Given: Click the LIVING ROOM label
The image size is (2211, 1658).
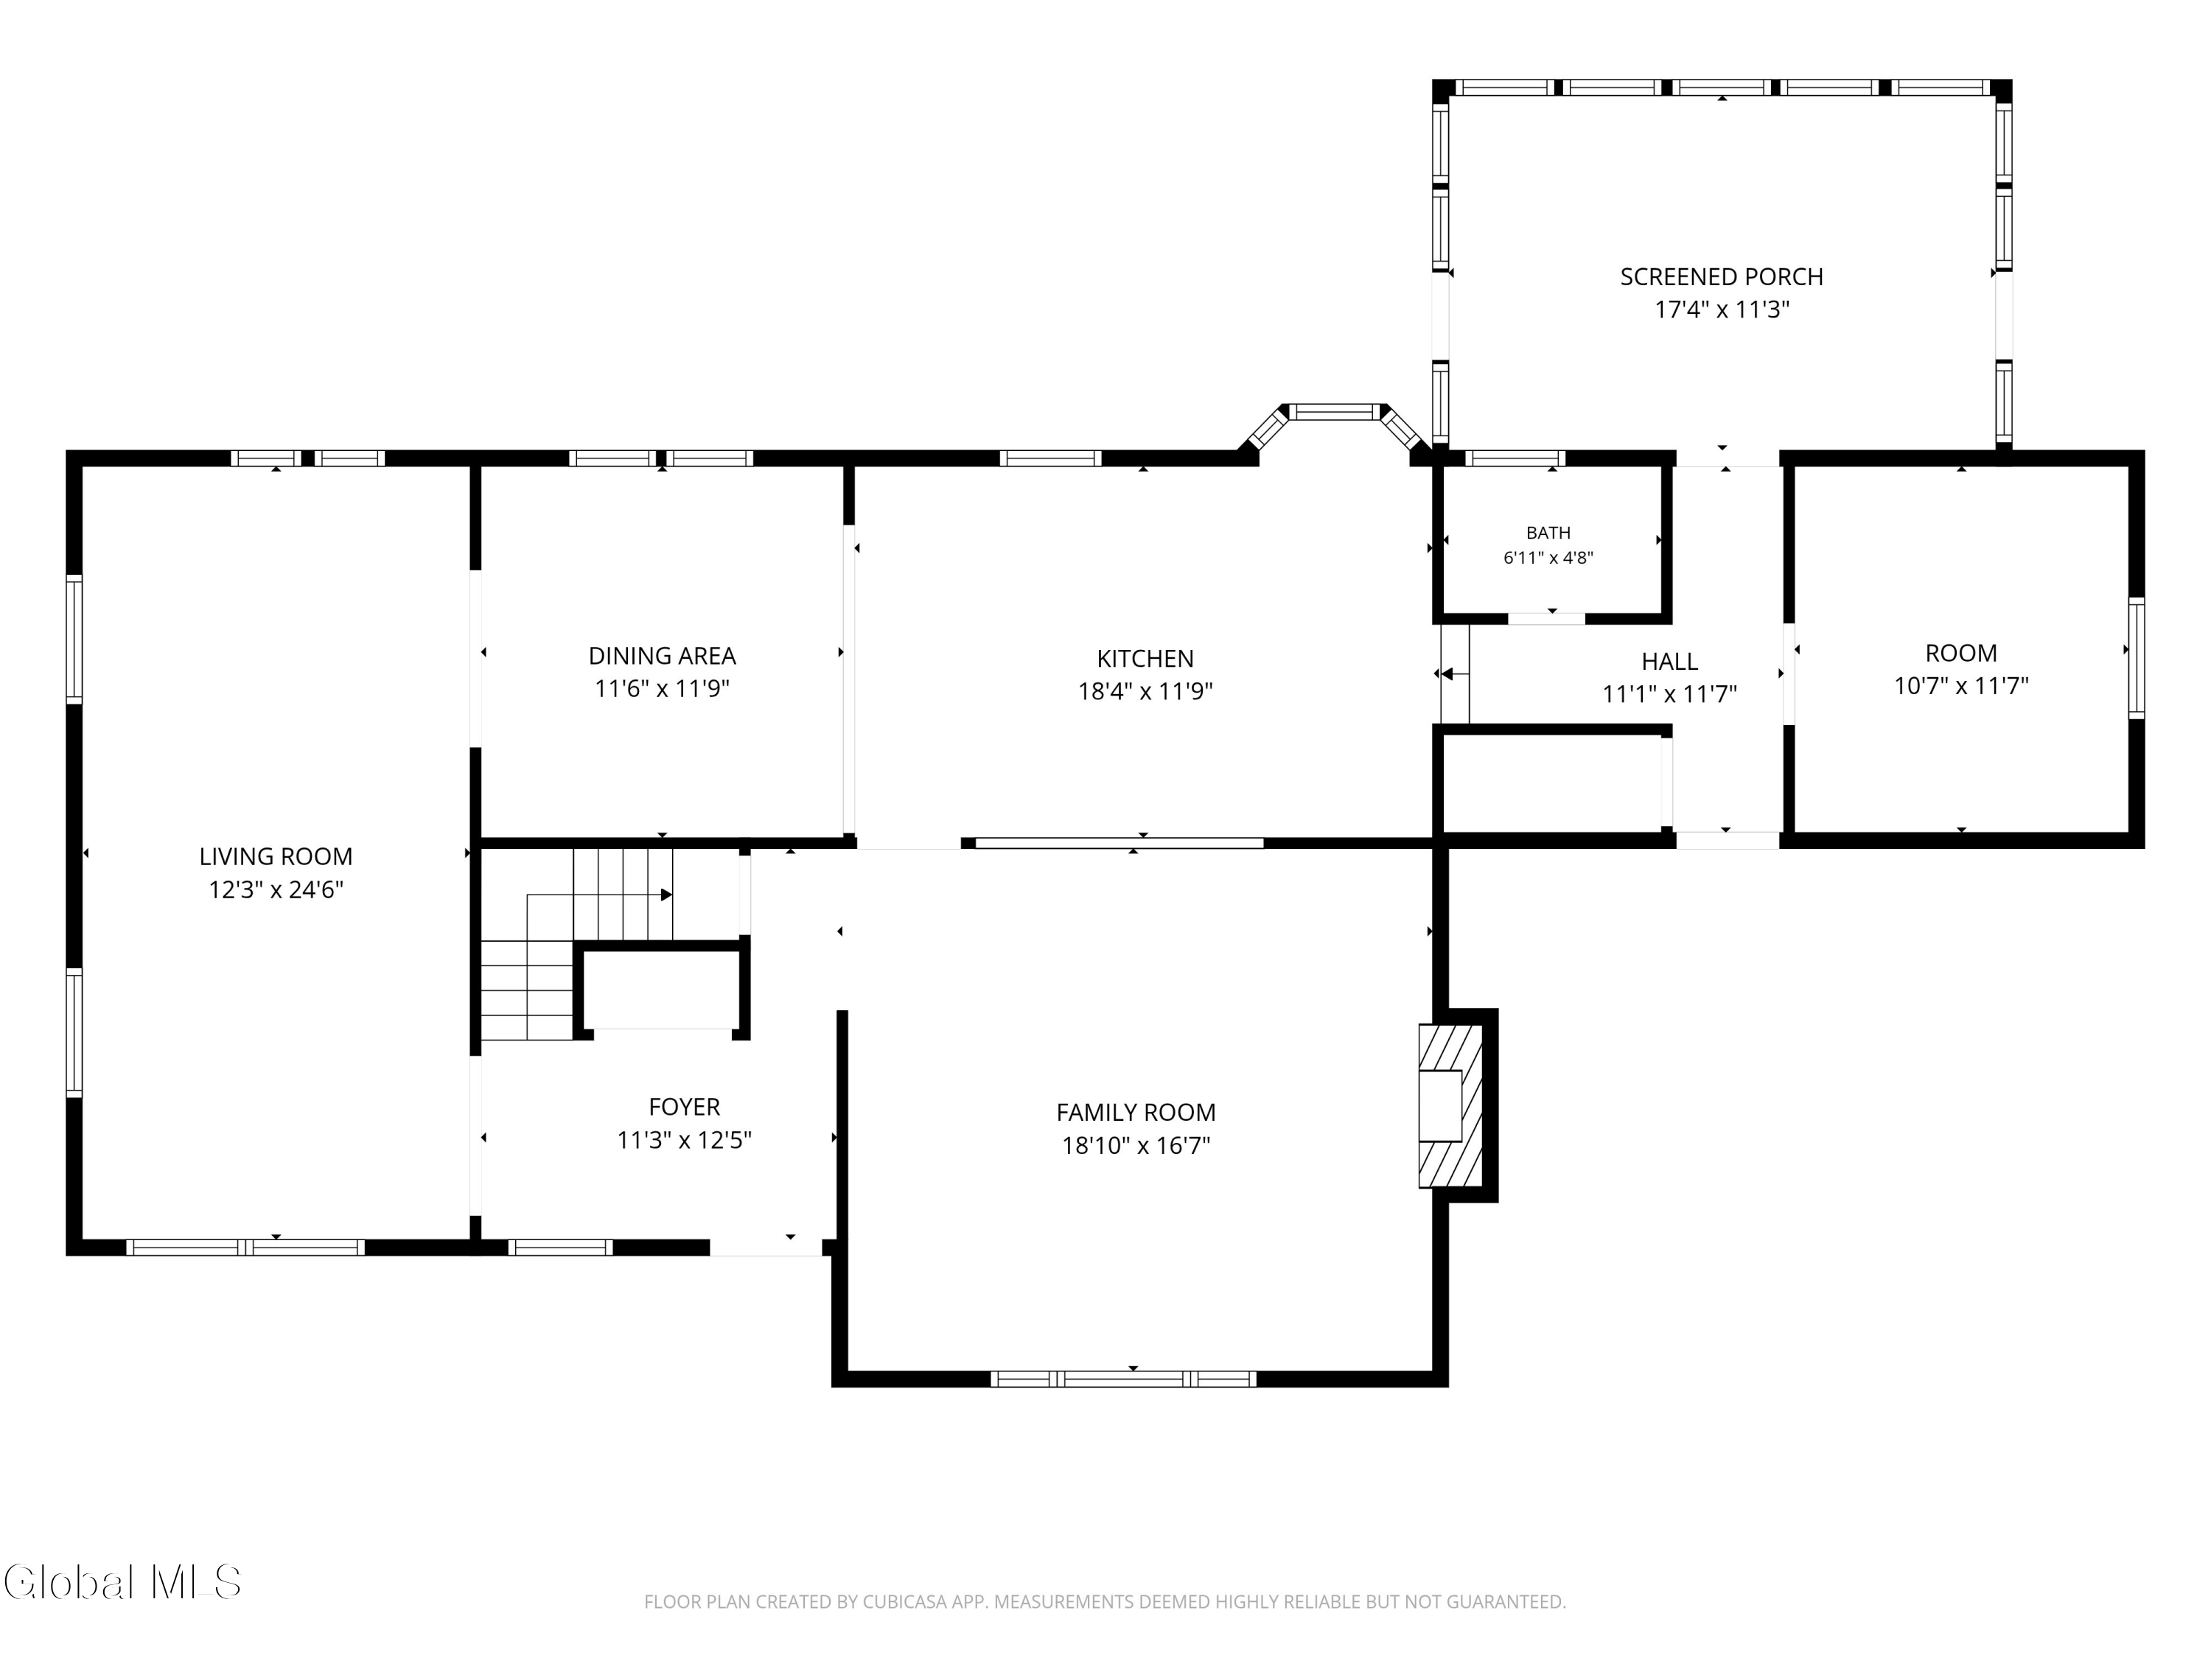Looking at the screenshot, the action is [x=276, y=856].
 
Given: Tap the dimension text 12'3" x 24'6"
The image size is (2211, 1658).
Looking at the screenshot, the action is [x=276, y=889].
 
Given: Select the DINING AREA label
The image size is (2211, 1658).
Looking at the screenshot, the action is [x=662, y=656].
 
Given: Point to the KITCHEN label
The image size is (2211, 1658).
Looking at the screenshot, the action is [x=1145, y=659].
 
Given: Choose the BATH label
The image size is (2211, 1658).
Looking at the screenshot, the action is [x=1548, y=533].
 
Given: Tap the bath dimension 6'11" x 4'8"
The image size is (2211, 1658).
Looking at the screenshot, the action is [x=1548, y=558].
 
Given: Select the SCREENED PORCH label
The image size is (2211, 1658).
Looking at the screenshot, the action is [x=1721, y=277].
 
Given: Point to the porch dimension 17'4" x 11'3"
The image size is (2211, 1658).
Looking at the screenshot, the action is [x=1721, y=309].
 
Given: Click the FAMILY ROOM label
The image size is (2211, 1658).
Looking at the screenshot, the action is [x=1136, y=1112].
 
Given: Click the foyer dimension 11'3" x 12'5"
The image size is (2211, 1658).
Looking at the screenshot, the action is [x=685, y=1140].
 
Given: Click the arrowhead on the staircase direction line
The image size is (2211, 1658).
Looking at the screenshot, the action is [x=666, y=895].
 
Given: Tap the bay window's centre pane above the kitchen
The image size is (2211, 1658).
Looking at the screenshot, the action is [x=1335, y=412].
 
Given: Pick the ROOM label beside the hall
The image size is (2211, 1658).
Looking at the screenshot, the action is [x=1961, y=653].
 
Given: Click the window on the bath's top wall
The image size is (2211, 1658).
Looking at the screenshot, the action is [x=1515, y=459].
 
